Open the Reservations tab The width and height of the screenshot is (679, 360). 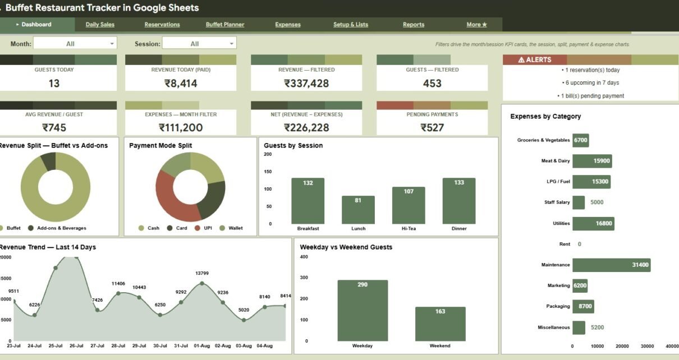[x=162, y=25]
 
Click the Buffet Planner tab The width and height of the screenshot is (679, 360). [x=225, y=25]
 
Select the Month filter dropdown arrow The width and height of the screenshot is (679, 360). [x=112, y=44]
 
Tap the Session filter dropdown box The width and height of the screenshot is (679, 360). [x=199, y=43]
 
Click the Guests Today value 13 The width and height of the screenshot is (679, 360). [x=54, y=84]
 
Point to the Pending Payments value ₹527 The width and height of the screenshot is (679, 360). [x=432, y=128]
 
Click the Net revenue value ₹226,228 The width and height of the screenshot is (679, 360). [x=306, y=128]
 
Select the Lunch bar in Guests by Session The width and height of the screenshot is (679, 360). [x=358, y=210]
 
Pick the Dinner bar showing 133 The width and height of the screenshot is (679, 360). [x=459, y=201]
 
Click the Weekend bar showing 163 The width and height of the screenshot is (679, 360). [x=440, y=324]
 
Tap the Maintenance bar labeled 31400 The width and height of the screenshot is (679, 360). [x=612, y=265]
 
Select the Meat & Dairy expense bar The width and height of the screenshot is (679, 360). [x=592, y=161]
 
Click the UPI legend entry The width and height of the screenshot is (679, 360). [x=203, y=228]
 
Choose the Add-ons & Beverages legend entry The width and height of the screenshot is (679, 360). [x=57, y=228]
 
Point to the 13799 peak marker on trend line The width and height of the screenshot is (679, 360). [x=202, y=284]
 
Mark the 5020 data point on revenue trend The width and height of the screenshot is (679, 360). [x=244, y=320]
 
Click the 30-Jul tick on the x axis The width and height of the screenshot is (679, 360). [x=160, y=346]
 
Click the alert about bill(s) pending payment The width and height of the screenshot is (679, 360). [x=590, y=96]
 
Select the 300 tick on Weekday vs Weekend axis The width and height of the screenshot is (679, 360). [x=304, y=278]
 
